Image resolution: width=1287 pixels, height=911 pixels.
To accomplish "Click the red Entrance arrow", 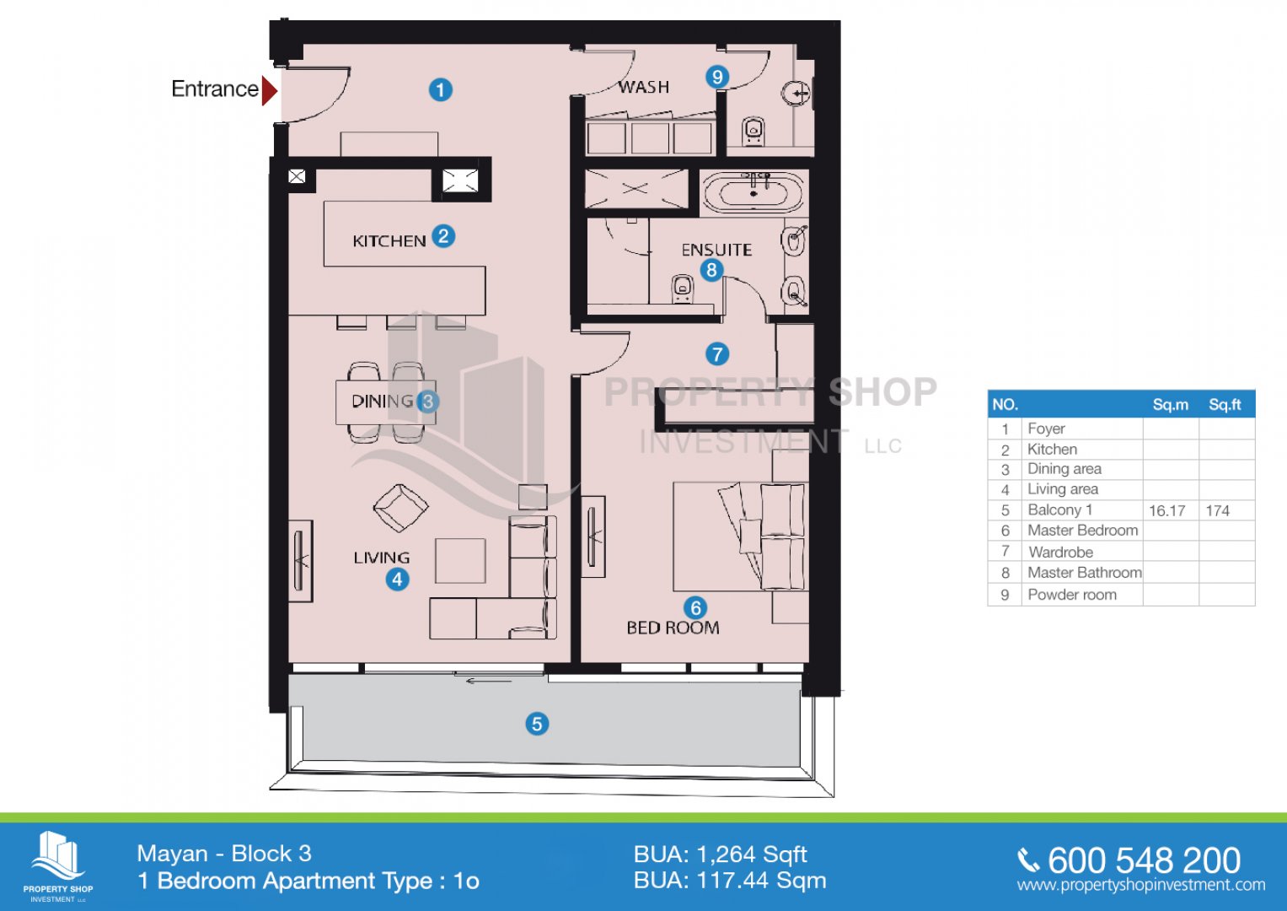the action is (x=269, y=90).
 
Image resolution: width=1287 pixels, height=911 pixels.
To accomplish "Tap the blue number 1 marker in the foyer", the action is (x=441, y=89).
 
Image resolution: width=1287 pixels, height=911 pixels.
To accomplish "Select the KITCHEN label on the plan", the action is (x=389, y=241).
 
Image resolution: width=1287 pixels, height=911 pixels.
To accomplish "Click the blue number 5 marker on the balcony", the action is (x=537, y=724).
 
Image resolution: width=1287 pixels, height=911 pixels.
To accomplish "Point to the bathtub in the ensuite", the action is (x=753, y=189).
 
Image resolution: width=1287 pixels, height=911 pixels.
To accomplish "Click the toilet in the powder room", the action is (x=753, y=132).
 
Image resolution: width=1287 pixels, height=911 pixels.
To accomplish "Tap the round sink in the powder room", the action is (x=796, y=93).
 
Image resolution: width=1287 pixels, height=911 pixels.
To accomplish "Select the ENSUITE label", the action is (x=716, y=250).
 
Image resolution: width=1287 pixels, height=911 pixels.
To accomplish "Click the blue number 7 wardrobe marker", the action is (x=717, y=353).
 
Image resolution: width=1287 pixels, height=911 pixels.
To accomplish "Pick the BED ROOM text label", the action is (x=673, y=628).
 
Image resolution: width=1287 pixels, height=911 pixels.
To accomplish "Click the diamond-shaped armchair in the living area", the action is (x=400, y=508).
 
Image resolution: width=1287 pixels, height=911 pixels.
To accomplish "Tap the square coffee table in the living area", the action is (x=460, y=561).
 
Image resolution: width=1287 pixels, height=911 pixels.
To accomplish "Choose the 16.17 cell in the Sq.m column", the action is (x=1167, y=510).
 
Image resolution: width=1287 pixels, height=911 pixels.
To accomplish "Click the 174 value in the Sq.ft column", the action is (x=1218, y=510).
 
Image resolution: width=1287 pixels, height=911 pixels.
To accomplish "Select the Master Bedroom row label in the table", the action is (x=1082, y=531).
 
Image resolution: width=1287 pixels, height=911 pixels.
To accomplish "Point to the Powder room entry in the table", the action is (x=1072, y=595).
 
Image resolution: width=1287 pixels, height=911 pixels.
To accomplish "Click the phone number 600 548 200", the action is (x=1144, y=860).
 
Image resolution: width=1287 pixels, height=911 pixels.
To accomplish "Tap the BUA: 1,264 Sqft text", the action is (x=721, y=854).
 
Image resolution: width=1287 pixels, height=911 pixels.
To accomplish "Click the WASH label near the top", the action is (x=644, y=88).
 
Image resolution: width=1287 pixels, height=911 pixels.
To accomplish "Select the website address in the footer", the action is (x=1141, y=885).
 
